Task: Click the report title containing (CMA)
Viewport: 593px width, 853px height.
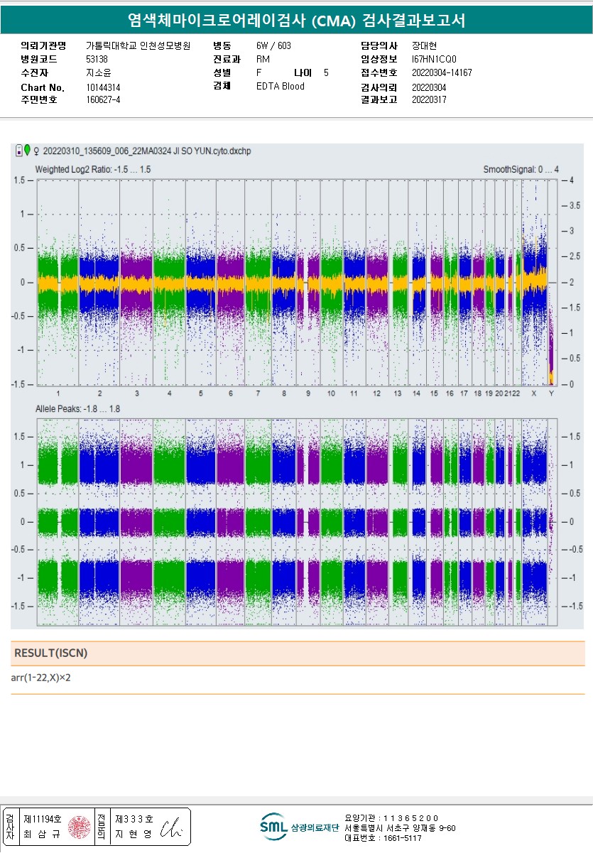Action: coord(296,21)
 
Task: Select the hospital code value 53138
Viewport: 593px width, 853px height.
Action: coord(97,59)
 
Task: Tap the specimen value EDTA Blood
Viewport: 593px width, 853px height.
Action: coord(280,87)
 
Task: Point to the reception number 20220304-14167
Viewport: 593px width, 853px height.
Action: coord(442,72)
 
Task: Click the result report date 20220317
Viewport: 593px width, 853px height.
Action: coord(429,99)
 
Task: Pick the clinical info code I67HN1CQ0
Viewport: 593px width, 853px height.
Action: coord(434,59)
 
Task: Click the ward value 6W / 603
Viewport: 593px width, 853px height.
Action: coord(273,45)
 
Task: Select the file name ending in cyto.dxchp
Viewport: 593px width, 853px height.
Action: coord(147,151)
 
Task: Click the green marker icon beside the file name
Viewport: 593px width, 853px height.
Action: coord(27,150)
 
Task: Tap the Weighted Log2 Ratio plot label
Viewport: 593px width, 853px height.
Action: coord(92,170)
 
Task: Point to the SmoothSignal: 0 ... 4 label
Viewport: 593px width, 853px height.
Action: coord(521,170)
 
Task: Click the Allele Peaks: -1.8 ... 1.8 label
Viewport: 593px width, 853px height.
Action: coord(77,409)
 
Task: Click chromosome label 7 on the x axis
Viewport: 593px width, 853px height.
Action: coord(258,393)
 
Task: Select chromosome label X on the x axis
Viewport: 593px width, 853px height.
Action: coord(534,393)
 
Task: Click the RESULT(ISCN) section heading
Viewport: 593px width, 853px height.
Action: coord(50,653)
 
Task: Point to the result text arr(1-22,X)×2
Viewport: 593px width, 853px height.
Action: coord(40,678)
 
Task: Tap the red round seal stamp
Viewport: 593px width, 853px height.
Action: coord(80,827)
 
